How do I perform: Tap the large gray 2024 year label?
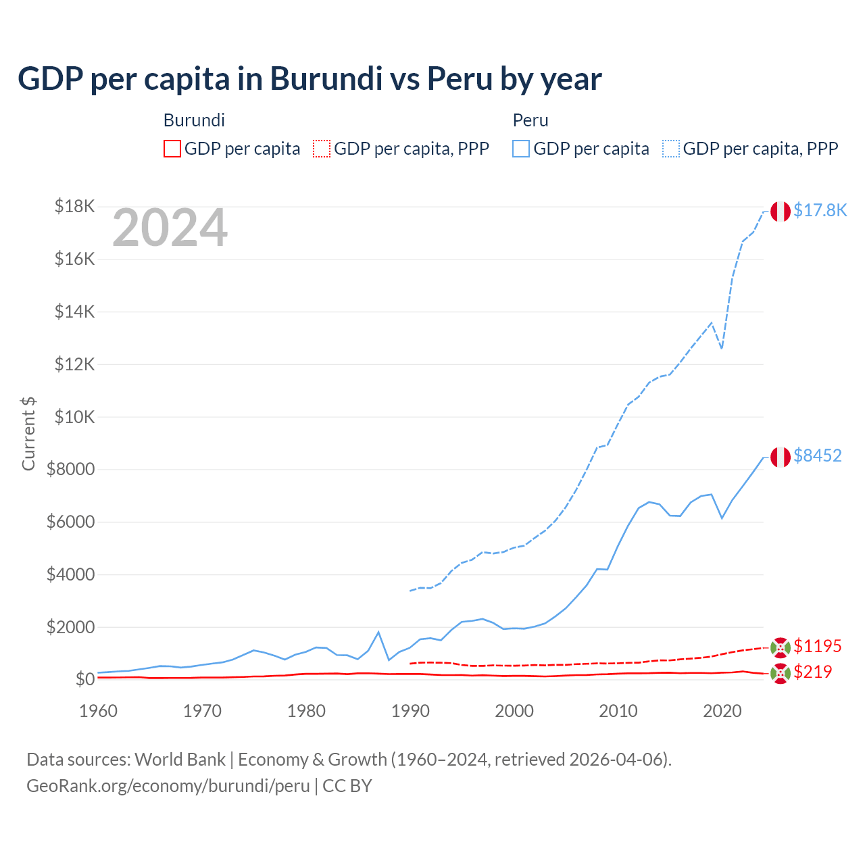click(170, 228)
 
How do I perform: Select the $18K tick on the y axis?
click(74, 206)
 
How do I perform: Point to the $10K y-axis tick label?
click(74, 417)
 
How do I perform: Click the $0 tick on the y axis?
click(84, 679)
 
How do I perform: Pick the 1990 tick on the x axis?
click(410, 711)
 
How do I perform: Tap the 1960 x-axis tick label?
click(98, 711)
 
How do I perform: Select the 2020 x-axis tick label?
click(722, 711)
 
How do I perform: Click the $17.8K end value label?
click(820, 211)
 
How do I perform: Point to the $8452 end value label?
click(817, 456)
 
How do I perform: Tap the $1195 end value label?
click(817, 647)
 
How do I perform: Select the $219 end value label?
click(812, 672)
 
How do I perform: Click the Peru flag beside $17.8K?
click(781, 212)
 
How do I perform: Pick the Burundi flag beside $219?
click(781, 673)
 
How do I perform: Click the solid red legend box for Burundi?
click(172, 149)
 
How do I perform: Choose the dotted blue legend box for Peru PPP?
click(671, 149)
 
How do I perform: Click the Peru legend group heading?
click(530, 120)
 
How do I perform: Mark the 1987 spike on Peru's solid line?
click(378, 632)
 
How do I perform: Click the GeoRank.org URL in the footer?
click(168, 786)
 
